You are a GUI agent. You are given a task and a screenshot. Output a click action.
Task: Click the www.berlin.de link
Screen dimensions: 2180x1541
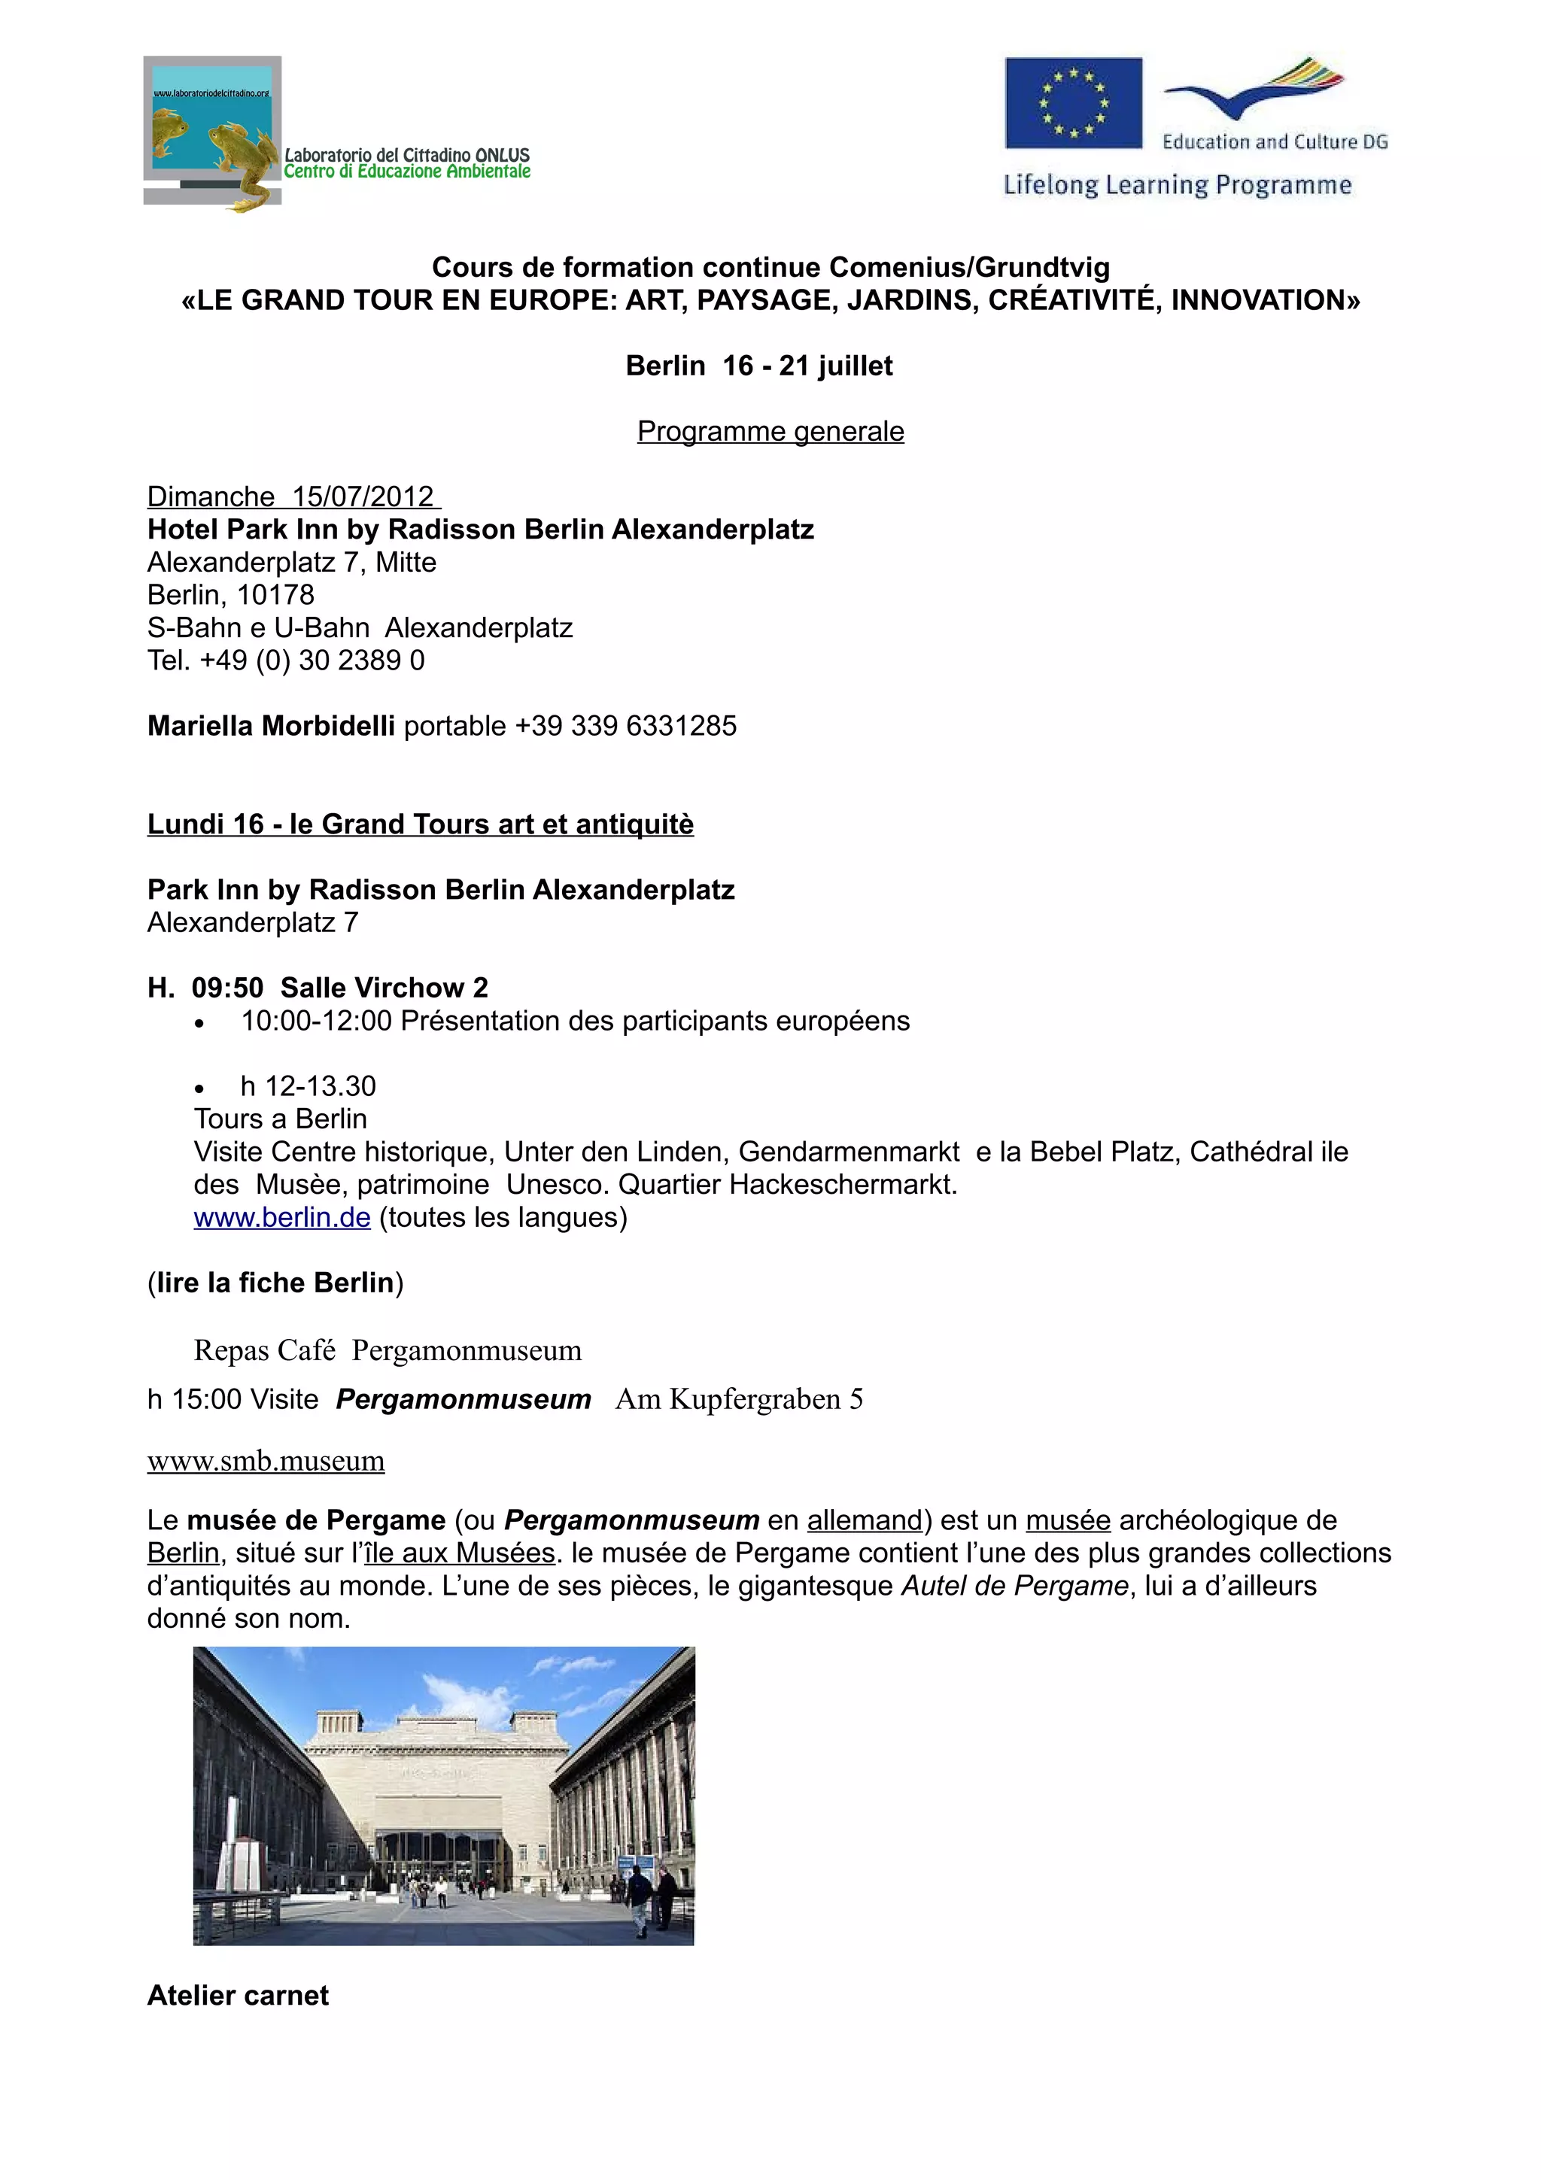coord(282,1217)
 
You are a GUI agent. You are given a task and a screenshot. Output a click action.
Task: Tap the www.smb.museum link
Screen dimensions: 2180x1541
coord(266,1460)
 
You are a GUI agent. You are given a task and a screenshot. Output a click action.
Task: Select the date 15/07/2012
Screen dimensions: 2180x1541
coord(363,496)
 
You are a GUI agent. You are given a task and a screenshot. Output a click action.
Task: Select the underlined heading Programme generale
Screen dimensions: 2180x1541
coord(770,431)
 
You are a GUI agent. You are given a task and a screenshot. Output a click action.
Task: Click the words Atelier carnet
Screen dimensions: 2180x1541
coord(237,1995)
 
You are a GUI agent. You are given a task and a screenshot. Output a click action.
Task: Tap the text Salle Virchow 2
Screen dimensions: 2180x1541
coord(384,988)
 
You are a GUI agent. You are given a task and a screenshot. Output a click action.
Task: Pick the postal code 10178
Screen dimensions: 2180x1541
coord(275,594)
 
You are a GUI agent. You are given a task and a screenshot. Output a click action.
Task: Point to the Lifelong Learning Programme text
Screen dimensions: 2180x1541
coord(1178,184)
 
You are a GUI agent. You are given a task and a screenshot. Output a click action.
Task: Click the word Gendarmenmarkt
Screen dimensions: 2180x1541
coord(849,1152)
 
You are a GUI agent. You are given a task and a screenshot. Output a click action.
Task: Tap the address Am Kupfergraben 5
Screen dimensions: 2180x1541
coord(739,1399)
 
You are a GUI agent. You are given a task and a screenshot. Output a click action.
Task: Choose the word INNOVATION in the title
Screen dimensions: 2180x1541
coord(1265,300)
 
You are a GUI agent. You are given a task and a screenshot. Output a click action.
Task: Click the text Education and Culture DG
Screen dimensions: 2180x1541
coord(1274,142)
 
